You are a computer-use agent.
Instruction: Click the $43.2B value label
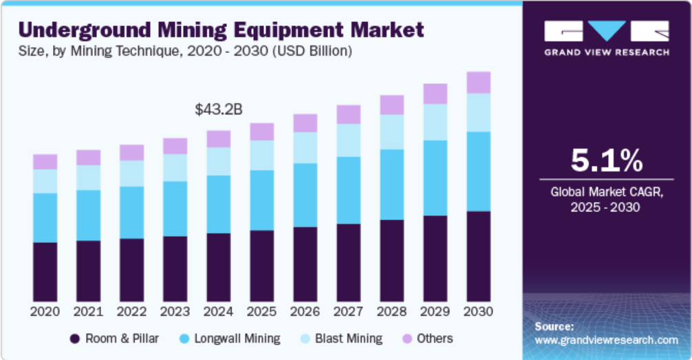219,109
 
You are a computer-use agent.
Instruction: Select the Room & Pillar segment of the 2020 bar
45,271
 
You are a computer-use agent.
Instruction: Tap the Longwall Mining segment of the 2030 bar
479,171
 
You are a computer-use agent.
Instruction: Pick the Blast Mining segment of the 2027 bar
349,140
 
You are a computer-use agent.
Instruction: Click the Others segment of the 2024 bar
219,139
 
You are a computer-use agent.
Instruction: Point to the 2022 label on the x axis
132,312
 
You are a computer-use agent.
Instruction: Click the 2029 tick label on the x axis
435,312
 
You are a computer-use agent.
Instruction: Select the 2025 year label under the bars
262,312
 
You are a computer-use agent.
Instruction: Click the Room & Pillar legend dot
74,339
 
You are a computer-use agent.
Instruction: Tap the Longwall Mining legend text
238,339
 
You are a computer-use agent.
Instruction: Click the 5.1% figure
606,162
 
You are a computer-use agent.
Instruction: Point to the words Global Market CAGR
606,193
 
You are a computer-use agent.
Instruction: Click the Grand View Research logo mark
606,31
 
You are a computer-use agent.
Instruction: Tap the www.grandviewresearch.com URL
606,340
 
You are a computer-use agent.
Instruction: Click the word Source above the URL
554,326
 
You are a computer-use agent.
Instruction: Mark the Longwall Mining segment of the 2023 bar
175,209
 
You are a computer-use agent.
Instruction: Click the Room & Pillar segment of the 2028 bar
392,260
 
